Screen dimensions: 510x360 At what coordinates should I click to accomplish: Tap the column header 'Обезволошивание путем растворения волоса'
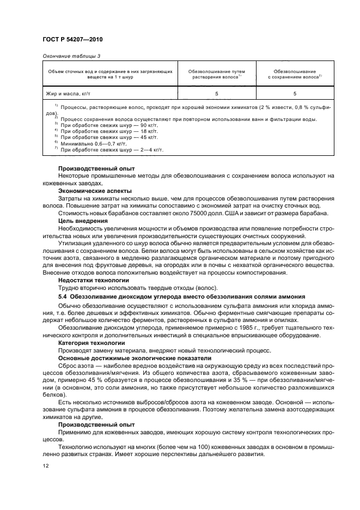pos(216,74)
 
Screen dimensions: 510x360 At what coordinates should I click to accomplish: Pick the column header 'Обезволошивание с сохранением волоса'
pos(295,74)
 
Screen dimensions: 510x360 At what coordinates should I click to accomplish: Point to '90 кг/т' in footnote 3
pos(143,124)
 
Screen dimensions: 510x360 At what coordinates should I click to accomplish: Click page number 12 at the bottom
pos(46,466)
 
